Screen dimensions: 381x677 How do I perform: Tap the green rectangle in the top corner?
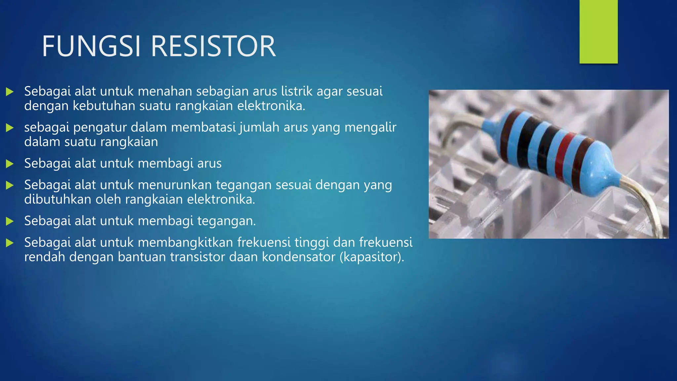click(598, 31)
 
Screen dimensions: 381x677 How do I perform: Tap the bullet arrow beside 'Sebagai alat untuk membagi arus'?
click(10, 164)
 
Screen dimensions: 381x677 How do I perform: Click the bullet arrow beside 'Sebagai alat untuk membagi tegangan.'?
click(10, 221)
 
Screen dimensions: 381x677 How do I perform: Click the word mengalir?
click(370, 128)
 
